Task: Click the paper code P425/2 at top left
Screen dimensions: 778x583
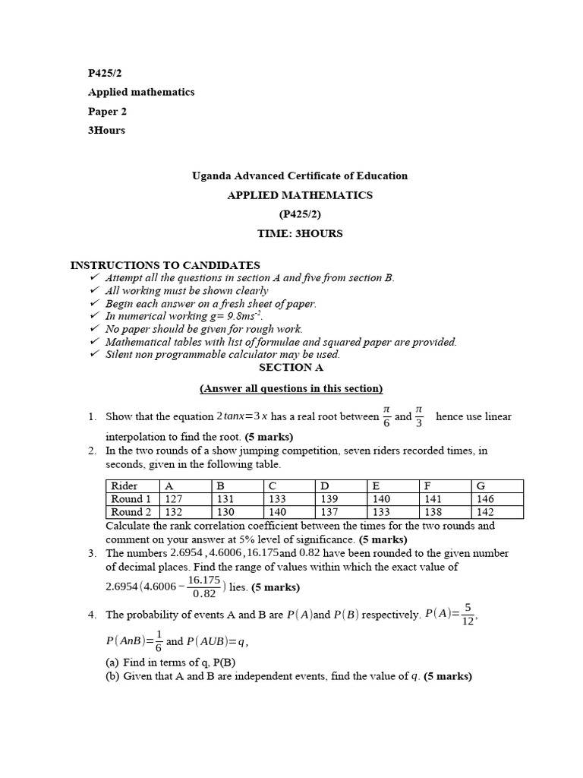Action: coord(105,73)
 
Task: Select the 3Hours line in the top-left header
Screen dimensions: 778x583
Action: coord(106,130)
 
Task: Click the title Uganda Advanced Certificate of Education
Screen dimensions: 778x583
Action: coord(300,176)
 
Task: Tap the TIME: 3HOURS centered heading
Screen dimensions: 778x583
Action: coord(300,233)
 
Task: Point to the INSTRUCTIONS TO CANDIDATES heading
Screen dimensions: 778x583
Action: coord(165,265)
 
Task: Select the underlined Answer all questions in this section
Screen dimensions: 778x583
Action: coord(291,388)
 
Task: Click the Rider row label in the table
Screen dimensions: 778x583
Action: coord(124,486)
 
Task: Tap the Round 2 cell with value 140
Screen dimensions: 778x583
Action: coord(279,512)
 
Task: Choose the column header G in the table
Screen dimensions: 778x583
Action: coord(479,486)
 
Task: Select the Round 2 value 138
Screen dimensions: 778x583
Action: coord(430,512)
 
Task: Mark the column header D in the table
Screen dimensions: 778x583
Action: coord(324,486)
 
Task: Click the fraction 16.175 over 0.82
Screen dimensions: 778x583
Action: coord(204,587)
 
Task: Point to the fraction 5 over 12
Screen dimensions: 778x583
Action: coord(468,613)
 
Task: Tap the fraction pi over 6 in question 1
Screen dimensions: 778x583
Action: coord(386,416)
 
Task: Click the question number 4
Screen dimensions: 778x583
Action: coord(92,615)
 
